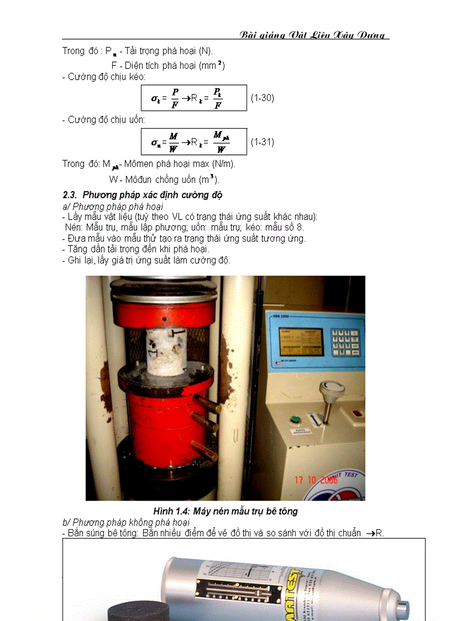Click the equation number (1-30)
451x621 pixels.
pos(262,98)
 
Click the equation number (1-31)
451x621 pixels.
pos(262,142)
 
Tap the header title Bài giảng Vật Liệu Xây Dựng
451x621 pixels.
pos(314,35)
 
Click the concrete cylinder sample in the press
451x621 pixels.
pos(165,350)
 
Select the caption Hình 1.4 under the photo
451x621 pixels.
pos(225,511)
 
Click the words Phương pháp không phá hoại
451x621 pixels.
pos(132,522)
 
